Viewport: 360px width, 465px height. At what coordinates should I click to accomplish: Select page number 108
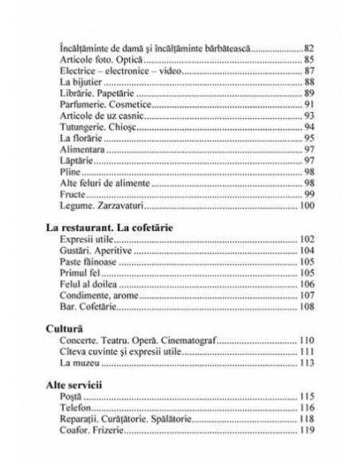coord(306,307)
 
